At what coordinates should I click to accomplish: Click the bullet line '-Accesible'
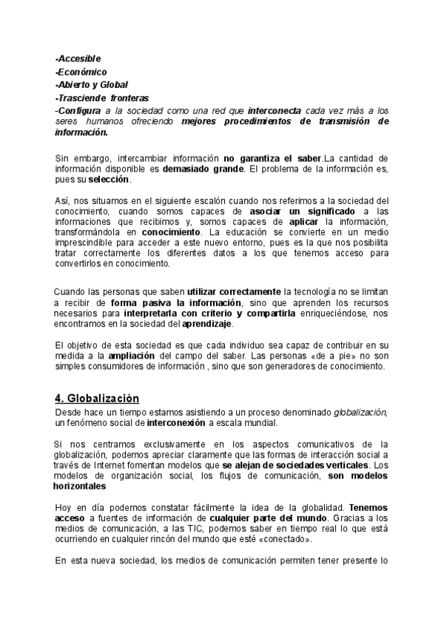coord(78,58)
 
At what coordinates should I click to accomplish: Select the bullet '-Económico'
coord(81,72)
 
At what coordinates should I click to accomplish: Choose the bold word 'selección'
coord(109,180)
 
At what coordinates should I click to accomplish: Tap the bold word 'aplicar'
coord(304,223)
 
